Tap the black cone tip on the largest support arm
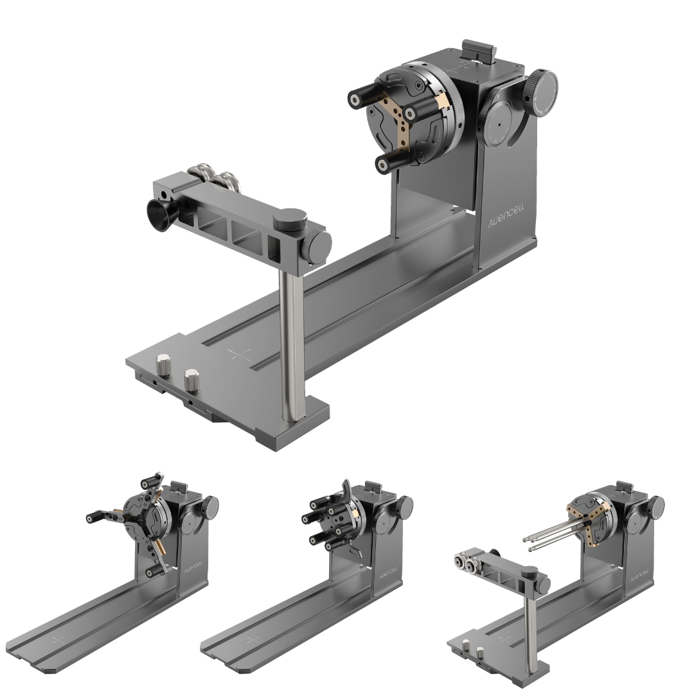point(159,211)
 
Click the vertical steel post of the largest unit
point(291,341)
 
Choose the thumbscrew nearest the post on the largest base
point(191,379)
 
